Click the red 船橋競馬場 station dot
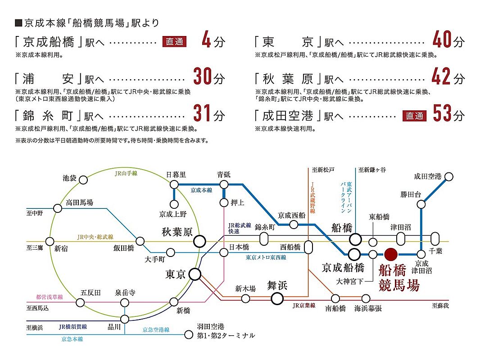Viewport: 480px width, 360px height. coord(391,254)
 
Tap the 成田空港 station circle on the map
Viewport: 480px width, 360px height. coord(449,176)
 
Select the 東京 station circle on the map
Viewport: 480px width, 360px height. coord(195,274)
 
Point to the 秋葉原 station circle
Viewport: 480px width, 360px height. coord(199,241)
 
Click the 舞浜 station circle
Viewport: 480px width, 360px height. coord(277,298)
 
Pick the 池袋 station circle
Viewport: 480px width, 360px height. coord(83,180)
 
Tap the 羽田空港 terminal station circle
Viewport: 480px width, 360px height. coord(189,335)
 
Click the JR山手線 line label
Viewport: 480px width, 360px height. coord(126,173)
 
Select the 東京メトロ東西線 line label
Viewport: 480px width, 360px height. coord(266,257)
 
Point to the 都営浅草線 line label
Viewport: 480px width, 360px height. coord(49,297)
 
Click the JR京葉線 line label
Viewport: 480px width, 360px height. coord(303,306)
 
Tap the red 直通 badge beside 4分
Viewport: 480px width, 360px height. coord(175,41)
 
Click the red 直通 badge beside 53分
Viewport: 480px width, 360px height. coord(415,116)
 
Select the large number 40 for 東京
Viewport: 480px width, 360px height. coord(442,40)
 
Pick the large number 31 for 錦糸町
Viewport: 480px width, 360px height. coord(202,113)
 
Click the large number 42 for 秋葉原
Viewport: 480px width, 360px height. coord(441,76)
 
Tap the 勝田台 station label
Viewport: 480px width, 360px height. coord(411,194)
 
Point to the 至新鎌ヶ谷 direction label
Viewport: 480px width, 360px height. coord(372,170)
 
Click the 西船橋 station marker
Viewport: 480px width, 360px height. coord(308,247)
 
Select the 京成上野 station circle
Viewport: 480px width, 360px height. coord(174,204)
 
